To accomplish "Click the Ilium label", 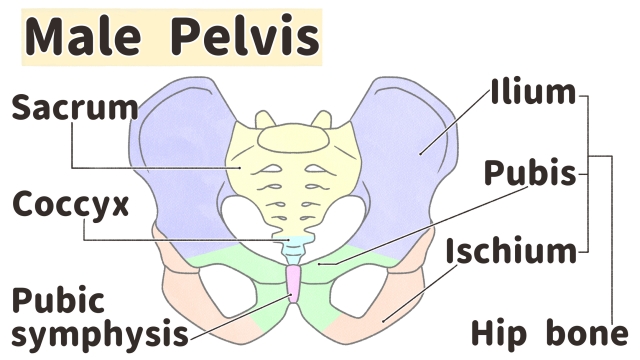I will [533, 94].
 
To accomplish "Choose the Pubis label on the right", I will [530, 173].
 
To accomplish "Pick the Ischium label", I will [511, 249].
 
